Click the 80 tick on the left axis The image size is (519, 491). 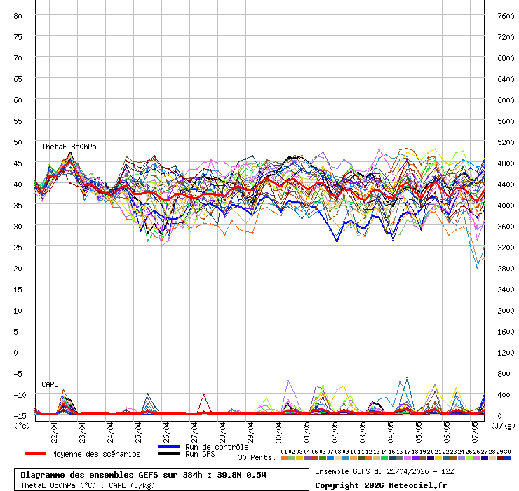tap(18, 15)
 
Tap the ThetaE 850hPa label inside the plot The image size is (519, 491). tap(69, 147)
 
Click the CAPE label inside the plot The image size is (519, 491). tap(50, 384)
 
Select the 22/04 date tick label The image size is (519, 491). tap(55, 430)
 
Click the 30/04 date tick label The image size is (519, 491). tap(279, 430)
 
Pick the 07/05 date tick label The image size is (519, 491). tap(476, 430)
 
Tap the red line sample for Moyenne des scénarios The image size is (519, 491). tap(45, 454)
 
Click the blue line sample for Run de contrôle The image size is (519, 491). tap(169, 447)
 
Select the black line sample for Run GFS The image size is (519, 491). tap(169, 455)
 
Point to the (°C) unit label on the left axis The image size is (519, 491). tap(22, 425)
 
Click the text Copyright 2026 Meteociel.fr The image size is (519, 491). tap(380, 485)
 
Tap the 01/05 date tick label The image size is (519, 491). tap(307, 430)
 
